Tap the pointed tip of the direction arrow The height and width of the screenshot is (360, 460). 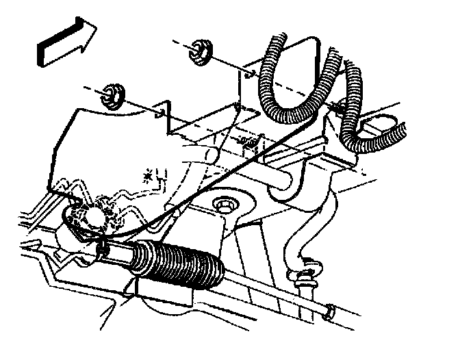pyautogui.click(x=95, y=31)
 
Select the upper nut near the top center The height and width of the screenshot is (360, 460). pyautogui.click(x=200, y=51)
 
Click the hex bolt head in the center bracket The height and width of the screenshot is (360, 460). pyautogui.click(x=223, y=203)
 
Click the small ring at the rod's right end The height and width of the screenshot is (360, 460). pyautogui.click(x=329, y=311)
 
